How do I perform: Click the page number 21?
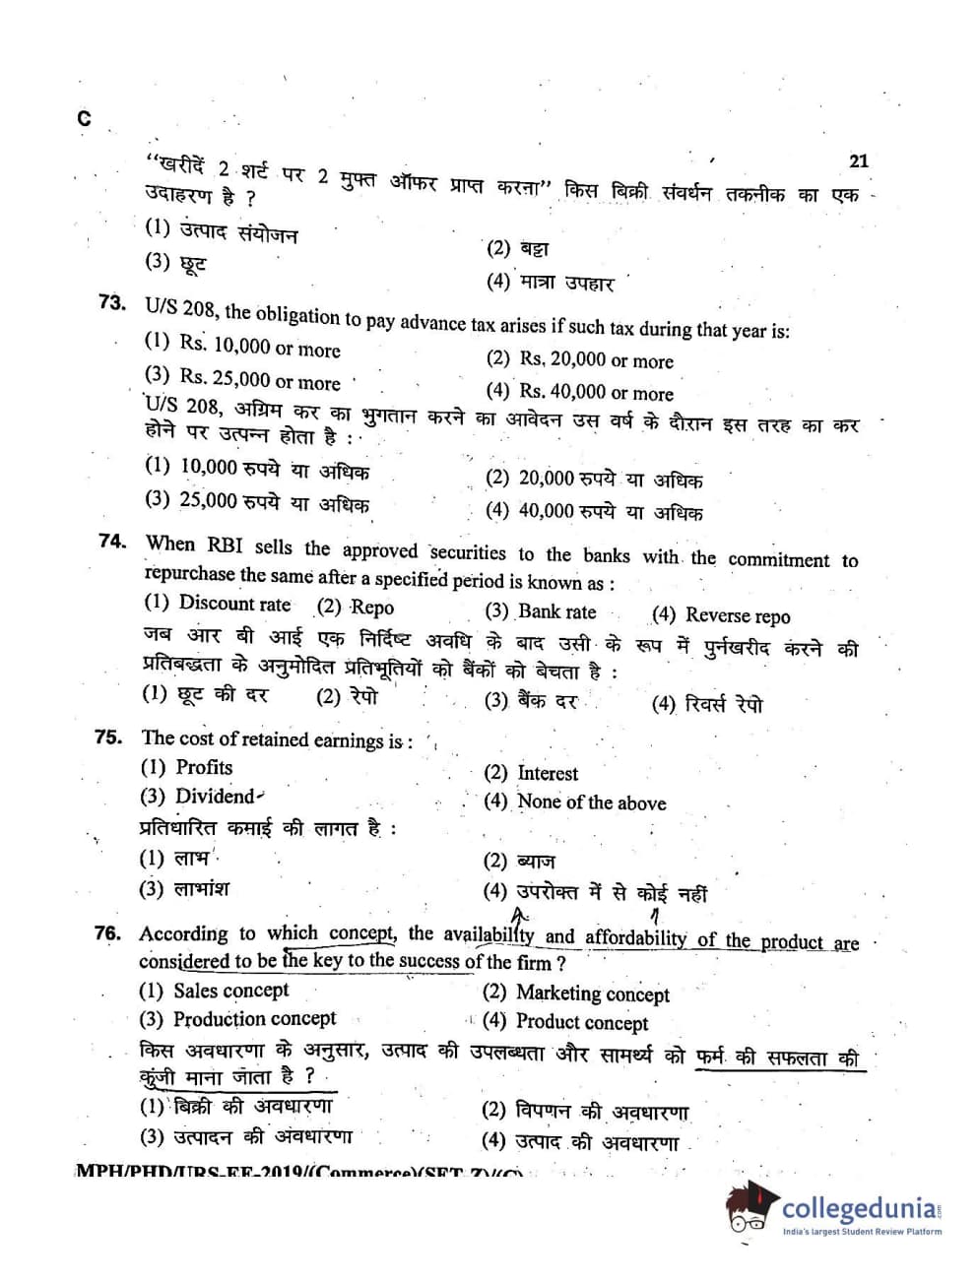tap(858, 160)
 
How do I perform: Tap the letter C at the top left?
tap(84, 119)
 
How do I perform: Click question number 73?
tap(112, 302)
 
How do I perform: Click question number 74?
tap(113, 541)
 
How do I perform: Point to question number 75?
tap(109, 737)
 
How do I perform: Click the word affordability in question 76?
tap(635, 937)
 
